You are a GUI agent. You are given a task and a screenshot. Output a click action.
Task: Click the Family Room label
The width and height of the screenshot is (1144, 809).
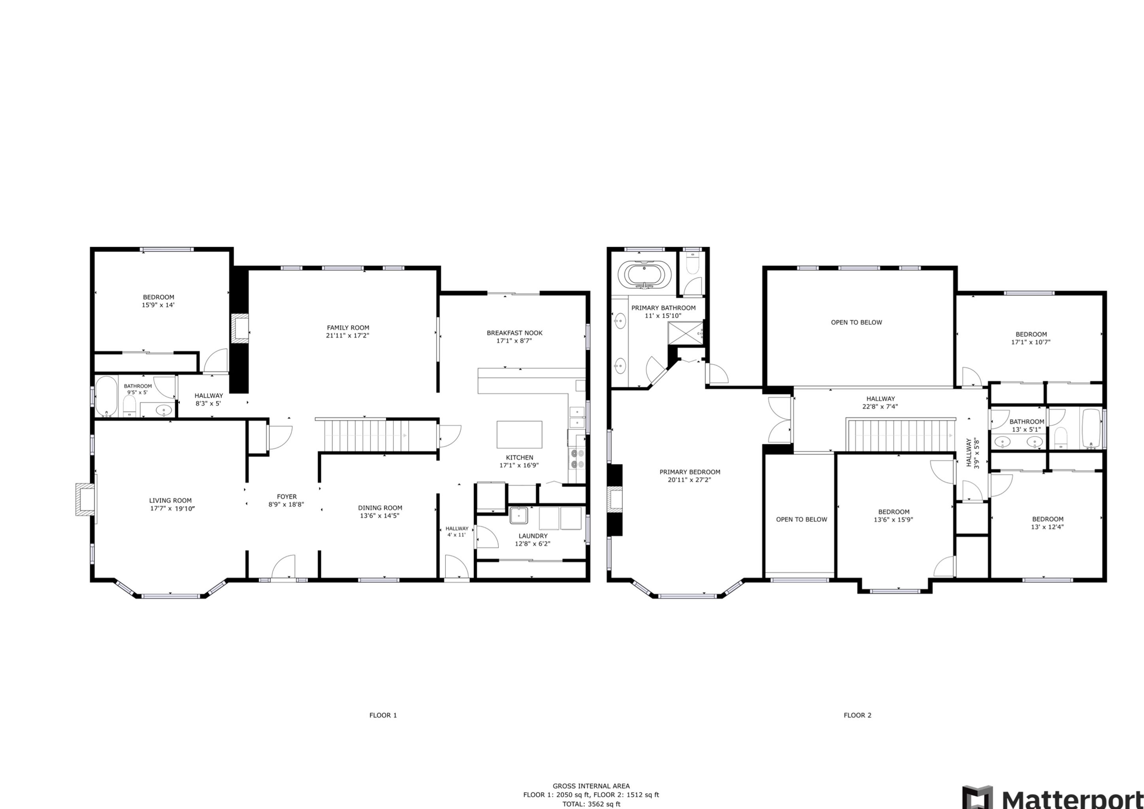click(348, 328)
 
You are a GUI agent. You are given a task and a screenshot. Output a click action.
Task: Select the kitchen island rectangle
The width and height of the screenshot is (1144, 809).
click(519, 435)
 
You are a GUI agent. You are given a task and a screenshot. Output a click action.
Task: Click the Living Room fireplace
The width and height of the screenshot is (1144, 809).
click(85, 499)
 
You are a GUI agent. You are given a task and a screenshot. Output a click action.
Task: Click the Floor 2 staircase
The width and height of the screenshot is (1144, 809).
click(899, 436)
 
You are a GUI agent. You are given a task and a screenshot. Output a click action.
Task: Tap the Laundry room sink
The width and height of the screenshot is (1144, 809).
click(518, 515)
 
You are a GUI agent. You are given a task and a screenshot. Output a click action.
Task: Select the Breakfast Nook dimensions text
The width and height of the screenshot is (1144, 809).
click(514, 341)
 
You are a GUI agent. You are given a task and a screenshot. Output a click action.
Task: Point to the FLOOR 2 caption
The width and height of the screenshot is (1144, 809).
click(857, 715)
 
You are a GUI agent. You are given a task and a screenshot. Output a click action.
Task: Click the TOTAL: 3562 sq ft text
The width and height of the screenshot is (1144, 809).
click(591, 805)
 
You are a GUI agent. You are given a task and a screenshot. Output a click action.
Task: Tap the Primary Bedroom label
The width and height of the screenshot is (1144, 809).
click(689, 472)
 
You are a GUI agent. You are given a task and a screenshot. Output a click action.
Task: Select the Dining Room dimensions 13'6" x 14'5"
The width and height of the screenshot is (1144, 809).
click(380, 516)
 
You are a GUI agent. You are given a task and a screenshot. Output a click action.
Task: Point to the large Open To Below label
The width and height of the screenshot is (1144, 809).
click(856, 322)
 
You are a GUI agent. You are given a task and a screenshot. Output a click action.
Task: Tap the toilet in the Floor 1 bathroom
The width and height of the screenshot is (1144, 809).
click(129, 406)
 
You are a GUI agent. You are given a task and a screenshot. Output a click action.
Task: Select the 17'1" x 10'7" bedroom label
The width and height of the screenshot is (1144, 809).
click(1031, 342)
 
